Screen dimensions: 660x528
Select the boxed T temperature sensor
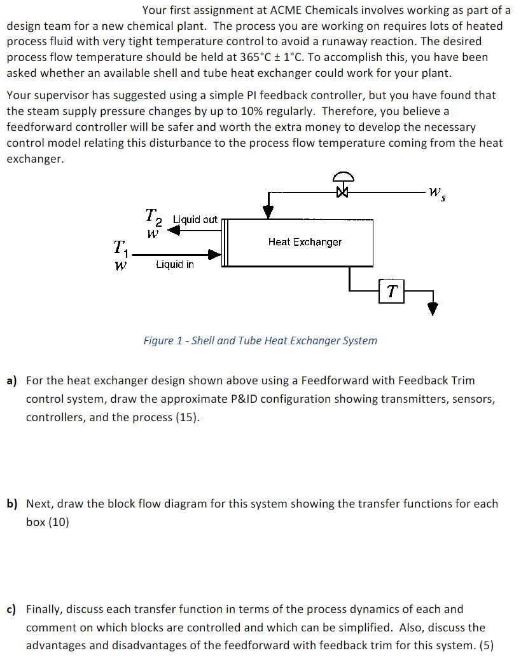click(x=392, y=291)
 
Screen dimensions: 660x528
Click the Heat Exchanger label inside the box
click(x=305, y=242)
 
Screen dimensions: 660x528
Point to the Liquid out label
click(x=195, y=219)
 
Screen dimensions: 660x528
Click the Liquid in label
click(x=175, y=264)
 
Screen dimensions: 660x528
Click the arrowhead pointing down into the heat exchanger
click(x=269, y=212)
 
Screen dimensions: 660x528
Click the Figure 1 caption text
click(x=260, y=340)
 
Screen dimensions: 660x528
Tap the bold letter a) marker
click(x=12, y=381)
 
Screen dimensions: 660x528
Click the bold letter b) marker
click(x=12, y=504)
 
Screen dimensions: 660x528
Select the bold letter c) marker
click(x=11, y=610)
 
